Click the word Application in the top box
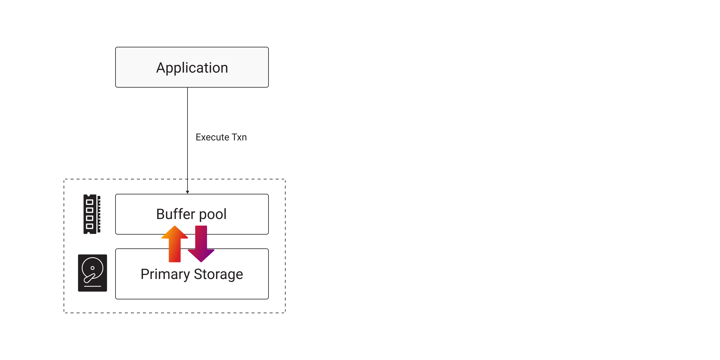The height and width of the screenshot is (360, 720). click(192, 68)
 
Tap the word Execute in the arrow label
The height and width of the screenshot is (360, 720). click(212, 137)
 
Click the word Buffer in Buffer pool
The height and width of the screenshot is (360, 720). click(175, 214)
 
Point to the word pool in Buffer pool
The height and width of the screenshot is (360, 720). click(213, 214)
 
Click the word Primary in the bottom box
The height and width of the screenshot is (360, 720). click(165, 274)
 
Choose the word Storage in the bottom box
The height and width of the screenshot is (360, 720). click(218, 274)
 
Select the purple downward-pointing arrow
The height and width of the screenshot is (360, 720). click(201, 243)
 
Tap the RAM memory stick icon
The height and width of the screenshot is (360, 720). click(92, 214)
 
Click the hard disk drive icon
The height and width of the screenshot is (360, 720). click(92, 273)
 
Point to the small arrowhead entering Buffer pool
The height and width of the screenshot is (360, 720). click(187, 192)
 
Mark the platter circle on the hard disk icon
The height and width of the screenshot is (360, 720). click(92, 268)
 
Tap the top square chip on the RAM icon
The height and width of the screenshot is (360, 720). click(89, 202)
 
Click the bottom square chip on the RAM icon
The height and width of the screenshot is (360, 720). click(89, 226)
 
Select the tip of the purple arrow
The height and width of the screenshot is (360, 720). click(201, 261)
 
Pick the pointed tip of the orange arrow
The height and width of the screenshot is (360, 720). click(175, 226)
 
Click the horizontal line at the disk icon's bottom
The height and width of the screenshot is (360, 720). click(92, 286)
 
